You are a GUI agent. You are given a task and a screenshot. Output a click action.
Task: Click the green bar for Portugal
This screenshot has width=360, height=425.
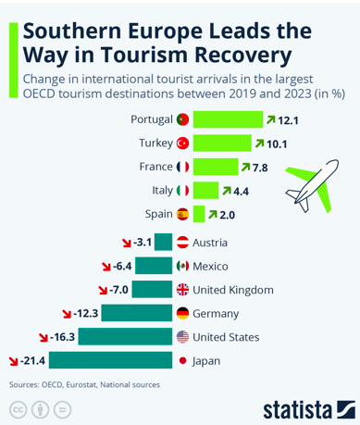click(x=228, y=119)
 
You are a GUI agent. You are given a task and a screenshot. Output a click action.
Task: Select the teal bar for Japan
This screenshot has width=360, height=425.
click(x=110, y=360)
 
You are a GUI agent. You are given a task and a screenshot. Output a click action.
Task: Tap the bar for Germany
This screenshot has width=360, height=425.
click(x=137, y=313)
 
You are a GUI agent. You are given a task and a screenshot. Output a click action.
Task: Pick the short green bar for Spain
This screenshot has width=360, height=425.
click(x=199, y=214)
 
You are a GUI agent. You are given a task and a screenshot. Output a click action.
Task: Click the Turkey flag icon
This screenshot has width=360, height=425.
click(x=182, y=144)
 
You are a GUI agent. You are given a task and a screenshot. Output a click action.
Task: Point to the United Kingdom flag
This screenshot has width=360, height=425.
click(x=182, y=290)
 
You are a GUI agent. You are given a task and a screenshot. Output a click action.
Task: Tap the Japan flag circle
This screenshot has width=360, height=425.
click(x=182, y=360)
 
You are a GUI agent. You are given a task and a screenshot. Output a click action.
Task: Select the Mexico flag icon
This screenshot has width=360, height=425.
click(x=182, y=266)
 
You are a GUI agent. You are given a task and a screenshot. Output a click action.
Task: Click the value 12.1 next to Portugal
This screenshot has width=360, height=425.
click(x=288, y=120)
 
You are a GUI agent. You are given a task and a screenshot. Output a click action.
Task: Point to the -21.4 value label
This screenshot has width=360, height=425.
click(x=32, y=360)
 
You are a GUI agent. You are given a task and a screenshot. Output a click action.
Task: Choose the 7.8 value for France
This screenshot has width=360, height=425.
click(x=260, y=168)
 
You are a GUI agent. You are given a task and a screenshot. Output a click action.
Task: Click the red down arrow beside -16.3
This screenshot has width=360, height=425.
click(x=43, y=338)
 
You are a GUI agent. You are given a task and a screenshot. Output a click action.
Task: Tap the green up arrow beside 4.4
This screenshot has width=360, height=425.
click(x=227, y=191)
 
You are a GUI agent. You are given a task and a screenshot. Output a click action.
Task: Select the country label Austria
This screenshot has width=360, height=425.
click(x=210, y=243)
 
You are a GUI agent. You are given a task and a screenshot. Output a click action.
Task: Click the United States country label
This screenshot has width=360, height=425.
click(x=226, y=337)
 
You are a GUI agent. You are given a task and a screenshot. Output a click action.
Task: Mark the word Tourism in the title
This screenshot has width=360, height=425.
click(x=144, y=55)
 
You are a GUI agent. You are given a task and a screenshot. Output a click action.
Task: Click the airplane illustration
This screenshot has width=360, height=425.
click(x=312, y=186)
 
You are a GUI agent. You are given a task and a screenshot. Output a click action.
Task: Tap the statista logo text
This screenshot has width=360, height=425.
click(x=297, y=409)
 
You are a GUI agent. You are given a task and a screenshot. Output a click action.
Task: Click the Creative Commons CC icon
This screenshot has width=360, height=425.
click(x=19, y=410)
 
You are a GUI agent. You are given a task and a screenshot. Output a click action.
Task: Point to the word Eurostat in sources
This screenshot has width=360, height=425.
click(x=82, y=385)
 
